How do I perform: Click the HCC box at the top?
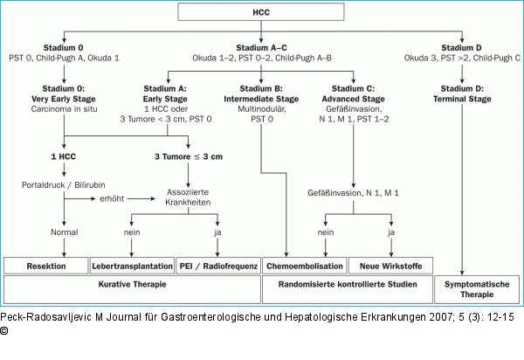tap(261, 12)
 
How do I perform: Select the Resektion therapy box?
tap(46, 267)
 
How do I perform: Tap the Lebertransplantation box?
tap(133, 267)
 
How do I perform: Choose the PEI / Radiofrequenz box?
tap(218, 267)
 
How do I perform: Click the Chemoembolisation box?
tap(305, 267)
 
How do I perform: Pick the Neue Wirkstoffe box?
tap(390, 267)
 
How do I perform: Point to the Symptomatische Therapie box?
tap(477, 289)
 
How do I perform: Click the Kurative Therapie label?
tap(133, 285)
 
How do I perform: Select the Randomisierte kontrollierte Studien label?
tap(348, 285)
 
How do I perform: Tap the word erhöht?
tap(112, 198)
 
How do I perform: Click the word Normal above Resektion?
tap(64, 232)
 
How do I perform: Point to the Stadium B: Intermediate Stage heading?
tap(261, 93)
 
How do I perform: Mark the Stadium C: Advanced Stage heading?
tap(353, 93)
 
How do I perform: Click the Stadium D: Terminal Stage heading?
tap(462, 93)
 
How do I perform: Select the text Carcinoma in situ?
tap(64, 109)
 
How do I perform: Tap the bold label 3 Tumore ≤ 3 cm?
tap(189, 156)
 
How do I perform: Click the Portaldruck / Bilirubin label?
tap(64, 185)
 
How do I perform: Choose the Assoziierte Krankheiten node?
tap(188, 197)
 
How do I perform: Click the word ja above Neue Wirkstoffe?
tap(391, 232)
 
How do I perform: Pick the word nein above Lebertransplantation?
tap(132, 232)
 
